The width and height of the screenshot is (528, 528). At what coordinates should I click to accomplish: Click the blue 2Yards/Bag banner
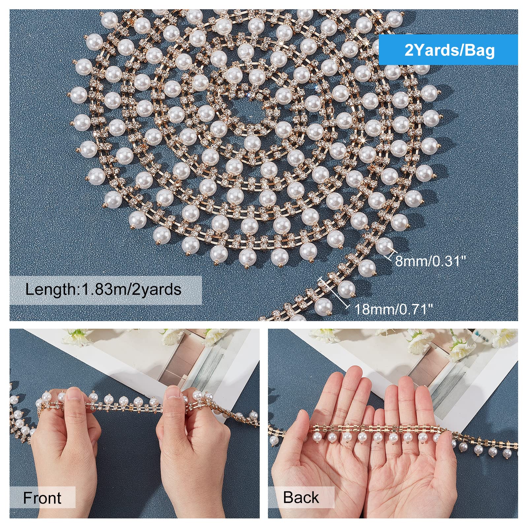(x=448, y=50)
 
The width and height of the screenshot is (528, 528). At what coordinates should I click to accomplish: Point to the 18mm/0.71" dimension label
(x=393, y=310)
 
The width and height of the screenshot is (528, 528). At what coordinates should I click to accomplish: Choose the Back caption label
(x=301, y=497)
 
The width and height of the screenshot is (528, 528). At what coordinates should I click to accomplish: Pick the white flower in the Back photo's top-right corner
(x=507, y=337)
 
